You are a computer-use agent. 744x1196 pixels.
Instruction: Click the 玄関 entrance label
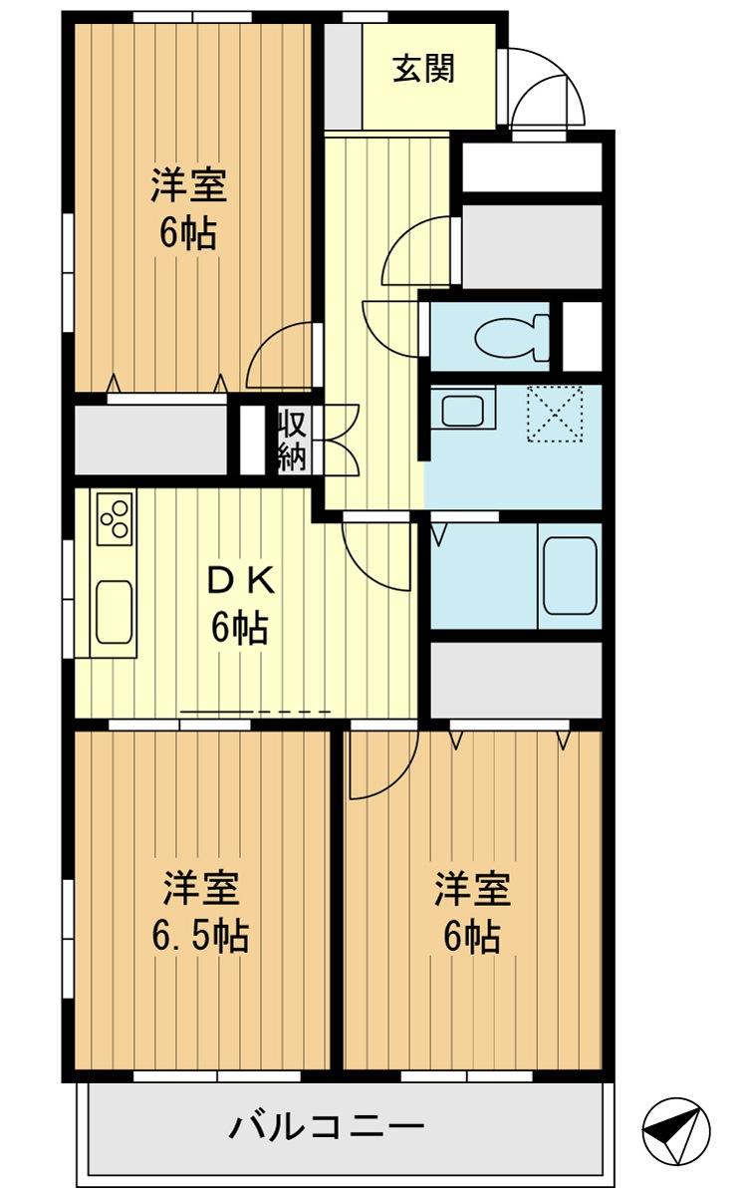click(x=423, y=70)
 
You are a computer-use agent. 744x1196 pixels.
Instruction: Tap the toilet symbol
click(x=512, y=337)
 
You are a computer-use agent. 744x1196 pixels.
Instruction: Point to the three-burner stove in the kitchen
click(x=114, y=517)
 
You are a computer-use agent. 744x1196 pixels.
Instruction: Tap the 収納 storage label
click(x=291, y=440)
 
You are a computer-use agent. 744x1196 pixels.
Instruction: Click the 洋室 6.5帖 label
click(x=200, y=911)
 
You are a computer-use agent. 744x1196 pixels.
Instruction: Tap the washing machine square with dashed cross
click(x=555, y=413)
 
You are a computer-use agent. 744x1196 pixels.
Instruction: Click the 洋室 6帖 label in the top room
click(x=188, y=209)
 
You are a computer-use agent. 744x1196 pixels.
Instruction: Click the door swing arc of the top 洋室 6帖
click(x=280, y=357)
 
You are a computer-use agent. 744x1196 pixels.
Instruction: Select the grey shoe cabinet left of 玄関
click(x=342, y=75)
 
